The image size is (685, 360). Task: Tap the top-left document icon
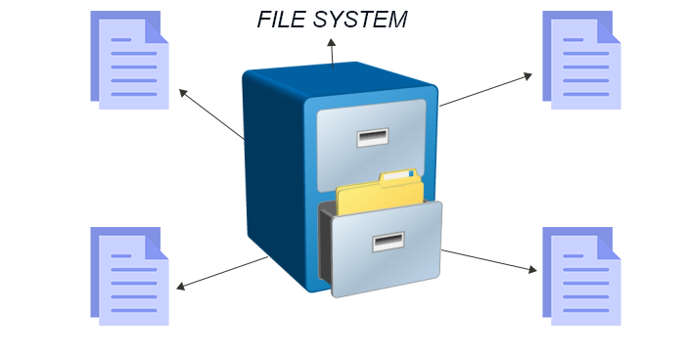pos(129,60)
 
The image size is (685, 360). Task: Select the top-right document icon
pos(581,60)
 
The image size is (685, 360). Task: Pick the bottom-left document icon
pos(129,276)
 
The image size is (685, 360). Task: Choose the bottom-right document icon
pos(581,276)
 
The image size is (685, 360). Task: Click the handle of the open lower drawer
pos(388,241)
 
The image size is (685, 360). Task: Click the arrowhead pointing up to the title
pos(332,42)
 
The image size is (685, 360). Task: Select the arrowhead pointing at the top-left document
pos(182,93)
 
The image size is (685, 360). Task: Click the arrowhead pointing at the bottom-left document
pos(181,287)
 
